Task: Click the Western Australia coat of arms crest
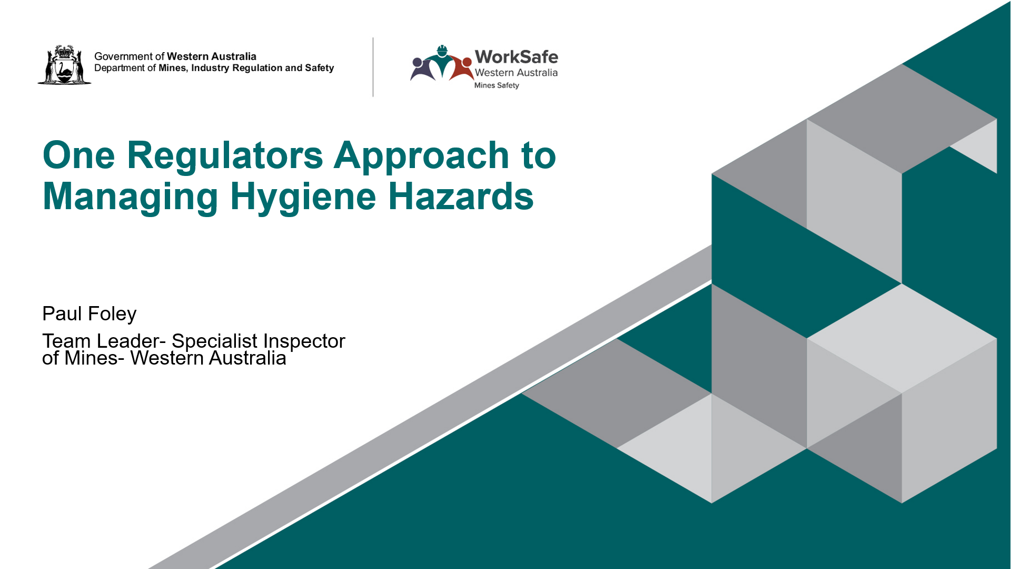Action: pyautogui.click(x=64, y=64)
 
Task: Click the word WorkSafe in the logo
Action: pyautogui.click(x=516, y=56)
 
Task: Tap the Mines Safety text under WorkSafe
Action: pyautogui.click(x=497, y=85)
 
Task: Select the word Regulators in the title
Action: pyautogui.click(x=225, y=155)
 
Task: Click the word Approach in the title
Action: pyautogui.click(x=421, y=156)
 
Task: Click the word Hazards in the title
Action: pyautogui.click(x=461, y=197)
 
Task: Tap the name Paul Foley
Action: pyautogui.click(x=89, y=314)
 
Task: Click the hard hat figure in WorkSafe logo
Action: pyautogui.click(x=442, y=62)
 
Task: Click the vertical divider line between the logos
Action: pyautogui.click(x=373, y=67)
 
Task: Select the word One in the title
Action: pyautogui.click(x=79, y=155)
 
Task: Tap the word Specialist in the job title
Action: pyautogui.click(x=214, y=341)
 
